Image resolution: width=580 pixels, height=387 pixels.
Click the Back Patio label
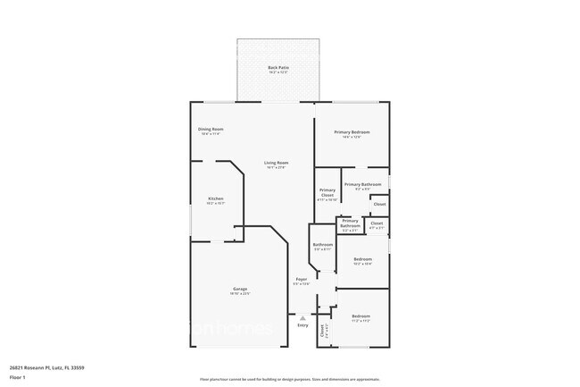[278, 68]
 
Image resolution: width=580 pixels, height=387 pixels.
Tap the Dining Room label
[211, 130]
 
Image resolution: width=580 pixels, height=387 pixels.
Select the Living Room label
[276, 163]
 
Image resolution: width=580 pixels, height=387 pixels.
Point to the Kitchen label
[216, 198]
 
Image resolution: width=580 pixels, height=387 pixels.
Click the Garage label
[240, 289]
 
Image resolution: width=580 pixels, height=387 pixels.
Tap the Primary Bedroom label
[352, 132]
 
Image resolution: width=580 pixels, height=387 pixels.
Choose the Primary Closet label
[327, 192]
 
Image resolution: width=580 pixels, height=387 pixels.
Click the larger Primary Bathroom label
[363, 184]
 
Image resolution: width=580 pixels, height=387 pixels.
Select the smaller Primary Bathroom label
[350, 223]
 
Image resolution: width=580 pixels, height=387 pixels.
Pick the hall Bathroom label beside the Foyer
[322, 245]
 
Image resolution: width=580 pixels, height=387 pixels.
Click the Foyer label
[302, 280]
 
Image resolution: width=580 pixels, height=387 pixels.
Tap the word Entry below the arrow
[302, 325]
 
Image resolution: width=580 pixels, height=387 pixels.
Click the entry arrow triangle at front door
[302, 316]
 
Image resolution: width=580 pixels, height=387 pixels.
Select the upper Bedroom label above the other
[362, 259]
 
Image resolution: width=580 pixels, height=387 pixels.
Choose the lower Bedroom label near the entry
[360, 316]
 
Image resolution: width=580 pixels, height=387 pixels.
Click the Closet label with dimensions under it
[377, 223]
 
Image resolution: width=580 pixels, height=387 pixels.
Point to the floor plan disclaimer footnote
[290, 379]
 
